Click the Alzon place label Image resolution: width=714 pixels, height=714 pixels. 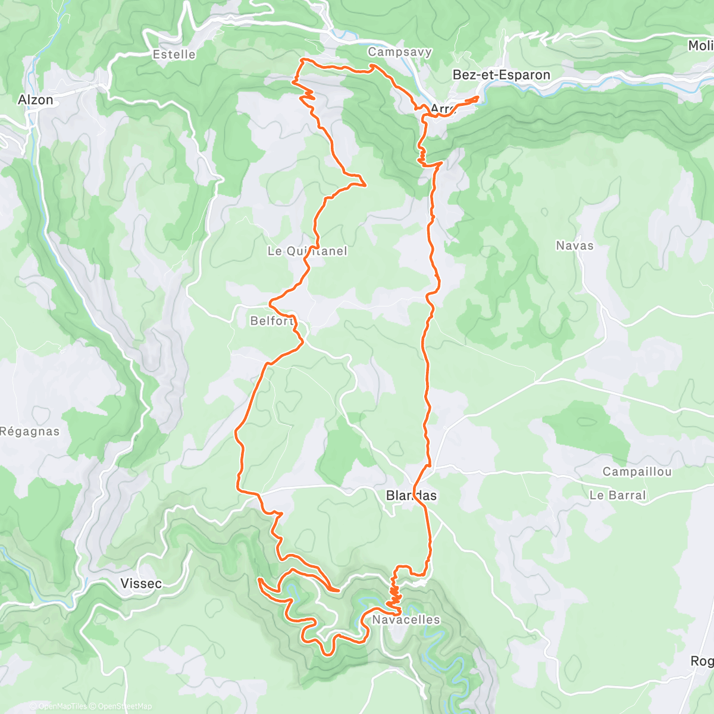36,100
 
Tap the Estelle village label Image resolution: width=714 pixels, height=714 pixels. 174,55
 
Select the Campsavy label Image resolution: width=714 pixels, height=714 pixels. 400,52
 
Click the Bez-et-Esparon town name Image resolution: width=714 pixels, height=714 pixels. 502,75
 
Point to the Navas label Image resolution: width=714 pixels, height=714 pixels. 574,245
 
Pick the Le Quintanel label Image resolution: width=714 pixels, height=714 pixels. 307,251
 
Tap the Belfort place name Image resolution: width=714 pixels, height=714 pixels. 273,321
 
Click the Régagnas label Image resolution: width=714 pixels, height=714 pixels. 30,431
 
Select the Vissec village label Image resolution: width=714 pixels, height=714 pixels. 141,584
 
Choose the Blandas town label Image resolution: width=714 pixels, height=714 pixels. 411,496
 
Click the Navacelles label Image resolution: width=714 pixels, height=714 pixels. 406,619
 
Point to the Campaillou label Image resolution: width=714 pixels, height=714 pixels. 637,472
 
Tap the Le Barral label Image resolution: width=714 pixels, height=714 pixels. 617,495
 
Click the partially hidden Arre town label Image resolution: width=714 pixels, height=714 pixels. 442,109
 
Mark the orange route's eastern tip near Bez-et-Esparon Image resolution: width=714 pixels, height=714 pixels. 478,98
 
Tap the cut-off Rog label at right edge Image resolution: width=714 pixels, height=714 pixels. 702,661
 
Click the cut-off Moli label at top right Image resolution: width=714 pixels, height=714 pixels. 700,46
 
